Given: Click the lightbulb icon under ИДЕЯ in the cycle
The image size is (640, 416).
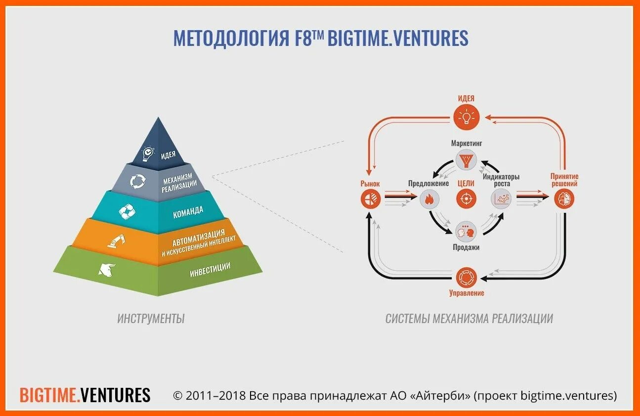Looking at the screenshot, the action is coord(466,117).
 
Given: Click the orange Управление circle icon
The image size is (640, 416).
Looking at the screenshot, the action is coord(466,277).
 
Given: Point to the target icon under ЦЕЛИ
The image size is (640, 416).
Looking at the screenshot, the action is coord(466,199).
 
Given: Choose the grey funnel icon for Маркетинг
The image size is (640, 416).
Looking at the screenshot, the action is coord(466,160).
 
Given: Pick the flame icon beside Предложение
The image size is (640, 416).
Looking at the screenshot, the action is coord(428,200).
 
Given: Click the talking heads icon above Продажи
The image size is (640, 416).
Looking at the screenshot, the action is coord(466,231).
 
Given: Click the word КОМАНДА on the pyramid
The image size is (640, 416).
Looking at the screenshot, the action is coord(188,212).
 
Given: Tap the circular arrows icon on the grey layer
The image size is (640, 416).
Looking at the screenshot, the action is coord(138,181).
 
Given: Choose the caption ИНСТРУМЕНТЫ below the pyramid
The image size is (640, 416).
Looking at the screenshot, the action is coord(151,319).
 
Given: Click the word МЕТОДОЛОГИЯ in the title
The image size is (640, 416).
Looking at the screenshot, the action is coord(230,38).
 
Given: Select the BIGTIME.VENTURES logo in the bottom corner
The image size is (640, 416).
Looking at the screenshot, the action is coord(85,395).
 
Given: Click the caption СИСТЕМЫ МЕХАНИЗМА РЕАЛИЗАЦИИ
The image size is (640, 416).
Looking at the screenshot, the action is coord(469,319).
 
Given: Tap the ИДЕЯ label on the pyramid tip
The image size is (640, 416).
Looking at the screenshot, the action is coord(168,154).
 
